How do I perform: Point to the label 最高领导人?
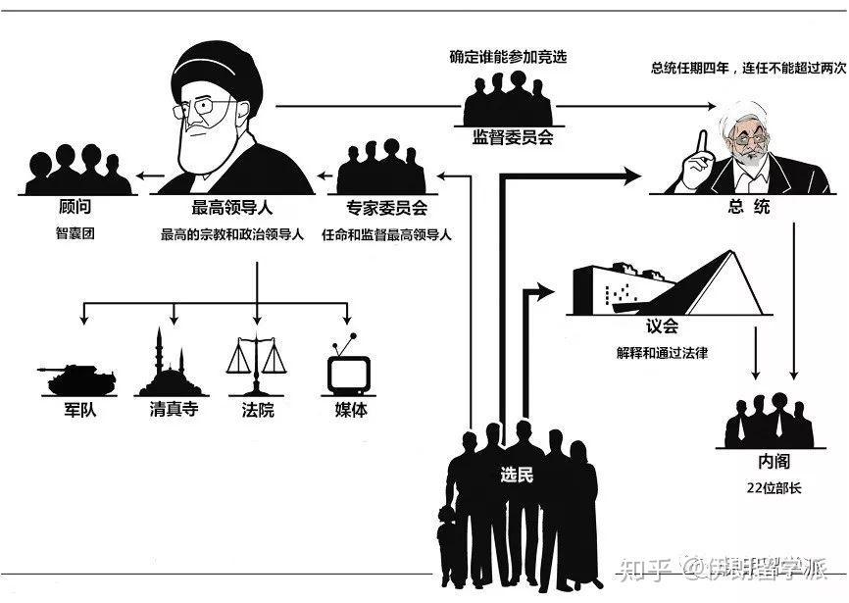pyautogui.click(x=231, y=209)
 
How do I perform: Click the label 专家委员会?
pyautogui.click(x=386, y=209)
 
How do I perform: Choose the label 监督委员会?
pyautogui.click(x=513, y=138)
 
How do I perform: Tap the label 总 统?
pyautogui.click(x=749, y=207)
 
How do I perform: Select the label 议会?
pyautogui.click(x=662, y=327)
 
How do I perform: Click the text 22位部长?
pyautogui.click(x=773, y=486)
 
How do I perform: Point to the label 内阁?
pyautogui.click(x=774, y=462)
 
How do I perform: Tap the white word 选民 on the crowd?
pyautogui.click(x=517, y=476)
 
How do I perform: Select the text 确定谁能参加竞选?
pyautogui.click(x=508, y=57)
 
